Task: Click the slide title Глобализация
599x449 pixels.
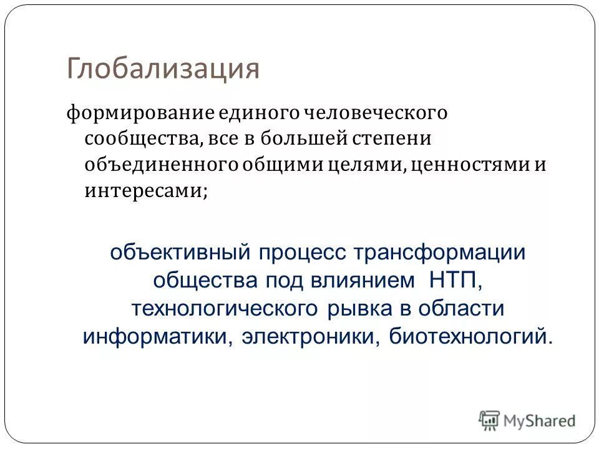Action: (x=163, y=69)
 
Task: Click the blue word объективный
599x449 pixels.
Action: (x=173, y=254)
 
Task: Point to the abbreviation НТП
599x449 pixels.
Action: (x=455, y=281)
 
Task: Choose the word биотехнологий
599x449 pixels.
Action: (x=470, y=336)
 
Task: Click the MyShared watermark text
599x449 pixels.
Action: (x=540, y=421)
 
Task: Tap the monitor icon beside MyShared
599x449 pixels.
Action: (x=489, y=420)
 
